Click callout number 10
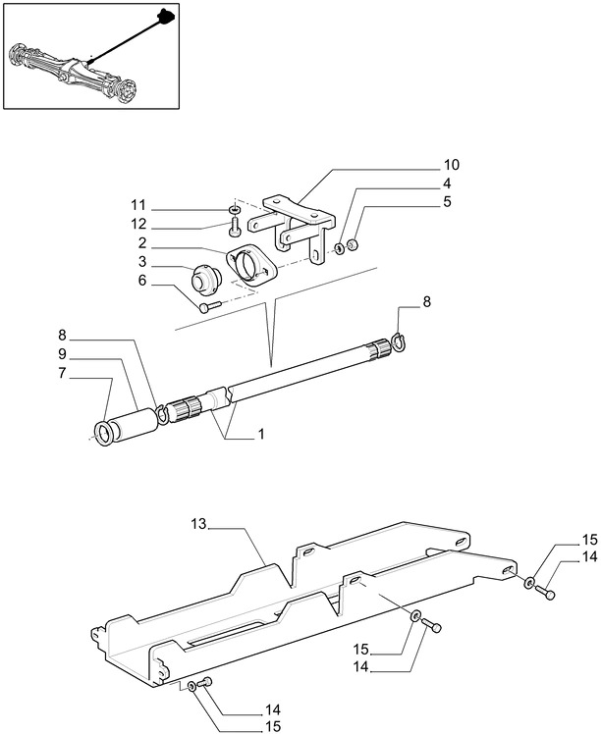pyautogui.click(x=452, y=165)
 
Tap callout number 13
pyautogui.click(x=198, y=524)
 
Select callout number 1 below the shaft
pyautogui.click(x=261, y=434)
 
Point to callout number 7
pyautogui.click(x=62, y=373)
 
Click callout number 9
pyautogui.click(x=62, y=354)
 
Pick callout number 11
pyautogui.click(x=138, y=205)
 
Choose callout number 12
pyautogui.click(x=138, y=225)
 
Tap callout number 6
pyautogui.click(x=142, y=281)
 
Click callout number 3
pyautogui.click(x=142, y=262)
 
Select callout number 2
pyautogui.click(x=142, y=243)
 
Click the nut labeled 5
pyautogui.click(x=355, y=244)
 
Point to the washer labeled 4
pyautogui.click(x=339, y=248)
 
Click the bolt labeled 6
pyautogui.click(x=209, y=306)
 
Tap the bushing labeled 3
pyautogui.click(x=206, y=281)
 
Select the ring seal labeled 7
pyautogui.click(x=104, y=433)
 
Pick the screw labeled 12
pyautogui.click(x=235, y=225)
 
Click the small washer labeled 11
pyautogui.click(x=236, y=208)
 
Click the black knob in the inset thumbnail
pyautogui.click(x=165, y=15)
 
